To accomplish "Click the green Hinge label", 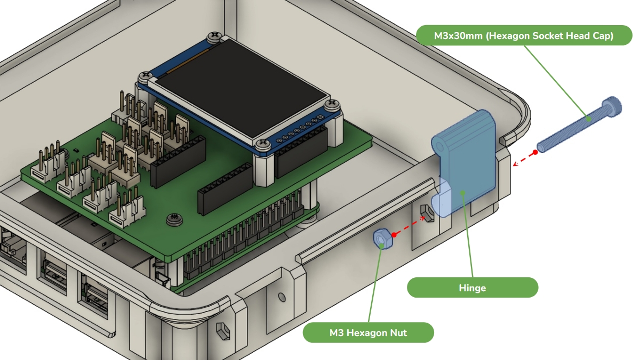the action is click(x=473, y=287).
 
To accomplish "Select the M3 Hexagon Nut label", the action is click(x=369, y=333).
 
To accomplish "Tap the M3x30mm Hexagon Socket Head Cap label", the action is click(x=524, y=35).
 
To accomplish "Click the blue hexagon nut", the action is click(x=382, y=239).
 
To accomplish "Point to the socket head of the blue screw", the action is click(x=611, y=107).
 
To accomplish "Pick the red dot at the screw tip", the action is click(x=535, y=153).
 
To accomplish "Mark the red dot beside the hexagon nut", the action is click(x=394, y=235).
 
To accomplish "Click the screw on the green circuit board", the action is click(x=174, y=219).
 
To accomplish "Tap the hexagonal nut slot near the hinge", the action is click(x=427, y=213).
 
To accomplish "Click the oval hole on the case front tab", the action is click(x=282, y=297).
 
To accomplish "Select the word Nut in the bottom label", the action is click(x=398, y=333).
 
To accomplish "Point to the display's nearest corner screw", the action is click(x=263, y=145).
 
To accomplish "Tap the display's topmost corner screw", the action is click(x=215, y=36).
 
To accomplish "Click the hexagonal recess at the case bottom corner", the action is click(x=223, y=331).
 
